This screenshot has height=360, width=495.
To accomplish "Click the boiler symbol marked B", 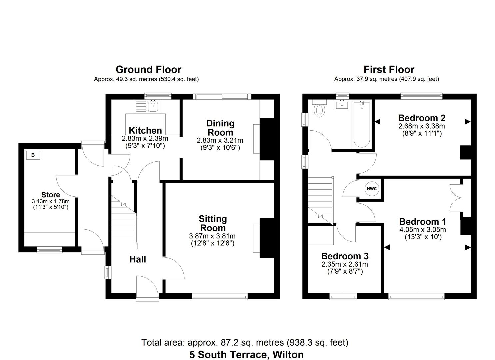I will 33,155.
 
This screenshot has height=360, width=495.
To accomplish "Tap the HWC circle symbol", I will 372,189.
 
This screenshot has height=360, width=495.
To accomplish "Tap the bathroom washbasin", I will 341,105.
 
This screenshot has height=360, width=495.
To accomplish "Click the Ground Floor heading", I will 148,69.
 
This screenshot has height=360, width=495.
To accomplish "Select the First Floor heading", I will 389,69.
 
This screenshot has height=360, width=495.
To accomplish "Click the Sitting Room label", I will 213,223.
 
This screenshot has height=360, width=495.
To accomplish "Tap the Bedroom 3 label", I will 345,256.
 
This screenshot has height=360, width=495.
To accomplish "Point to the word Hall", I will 138,259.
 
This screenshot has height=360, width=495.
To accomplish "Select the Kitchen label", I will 145,130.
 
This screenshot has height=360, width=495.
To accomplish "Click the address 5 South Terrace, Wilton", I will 247,354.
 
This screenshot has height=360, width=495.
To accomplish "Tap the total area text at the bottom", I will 245,342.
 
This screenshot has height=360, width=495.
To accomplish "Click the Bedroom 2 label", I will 422,118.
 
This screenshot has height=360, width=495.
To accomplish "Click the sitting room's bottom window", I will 220,296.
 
